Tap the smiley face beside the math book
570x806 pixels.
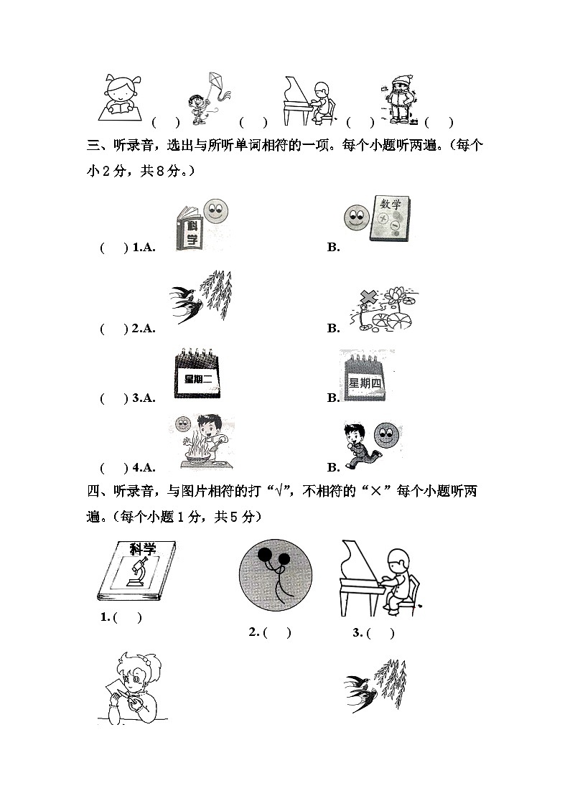[x=355, y=217]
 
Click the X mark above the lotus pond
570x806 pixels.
[x=368, y=298]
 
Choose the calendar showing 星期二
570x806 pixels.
[x=197, y=373]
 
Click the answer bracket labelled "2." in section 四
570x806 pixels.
[x=278, y=632]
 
